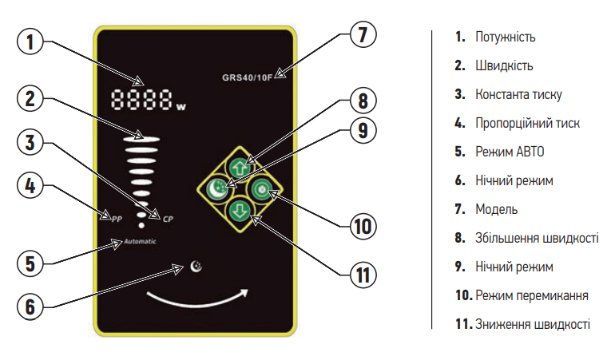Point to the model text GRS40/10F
tap(248, 78)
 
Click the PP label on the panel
tap(116, 217)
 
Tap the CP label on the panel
tap(168, 217)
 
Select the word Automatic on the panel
tap(140, 241)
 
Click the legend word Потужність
tap(505, 37)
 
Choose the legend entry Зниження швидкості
tap(533, 323)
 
